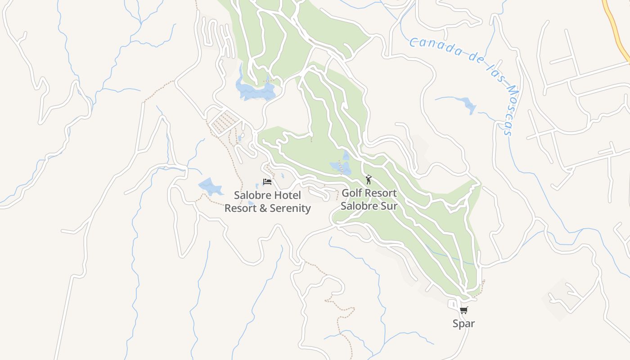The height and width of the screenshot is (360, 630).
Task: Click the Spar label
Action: pyautogui.click(x=463, y=324)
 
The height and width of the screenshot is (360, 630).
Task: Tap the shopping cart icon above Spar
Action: pyautogui.click(x=463, y=310)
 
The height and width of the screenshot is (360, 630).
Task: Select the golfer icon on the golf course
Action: pyautogui.click(x=369, y=180)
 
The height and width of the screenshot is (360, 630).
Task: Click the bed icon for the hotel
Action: pyautogui.click(x=267, y=182)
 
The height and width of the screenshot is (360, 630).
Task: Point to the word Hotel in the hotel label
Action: pyautogui.click(x=287, y=196)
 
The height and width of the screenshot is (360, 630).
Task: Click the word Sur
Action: pyautogui.click(x=388, y=206)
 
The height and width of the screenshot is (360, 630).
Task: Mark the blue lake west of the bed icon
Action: pyautogui.click(x=211, y=186)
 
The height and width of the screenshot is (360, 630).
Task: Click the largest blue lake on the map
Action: pyautogui.click(x=254, y=90)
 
